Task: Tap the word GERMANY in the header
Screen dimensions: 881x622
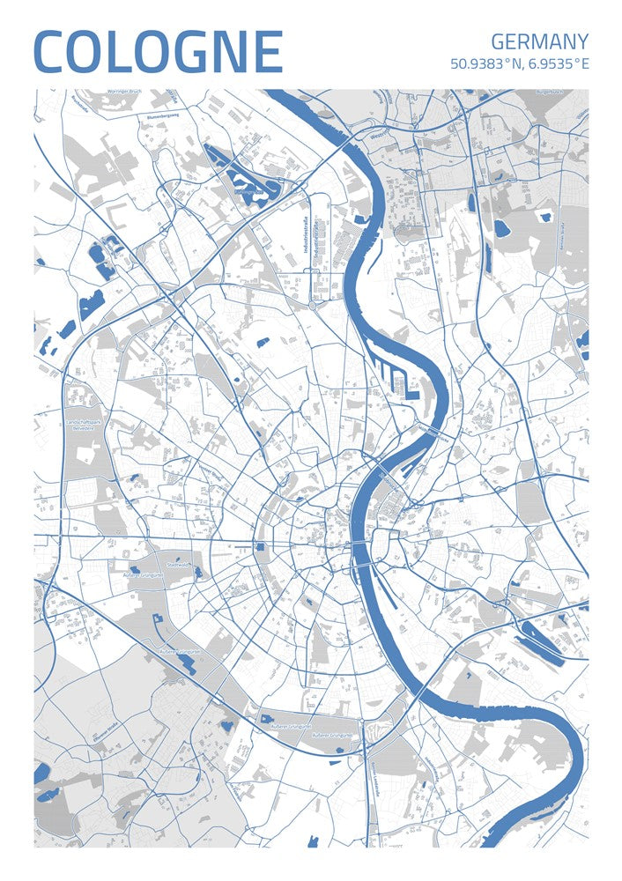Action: [539, 41]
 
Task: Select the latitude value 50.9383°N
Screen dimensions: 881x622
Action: [485, 64]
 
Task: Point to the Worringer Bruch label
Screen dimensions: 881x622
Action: [124, 92]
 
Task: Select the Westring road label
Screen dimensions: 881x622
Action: [379, 137]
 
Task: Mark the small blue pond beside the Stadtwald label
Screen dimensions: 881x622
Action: [197, 572]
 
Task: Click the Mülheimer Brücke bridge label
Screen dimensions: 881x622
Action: [433, 433]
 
